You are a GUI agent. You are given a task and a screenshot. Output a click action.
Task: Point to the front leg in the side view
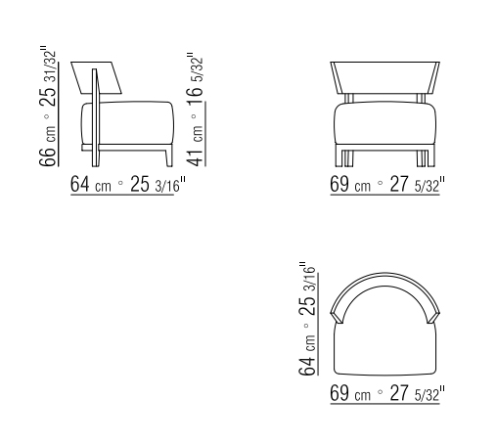166,156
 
